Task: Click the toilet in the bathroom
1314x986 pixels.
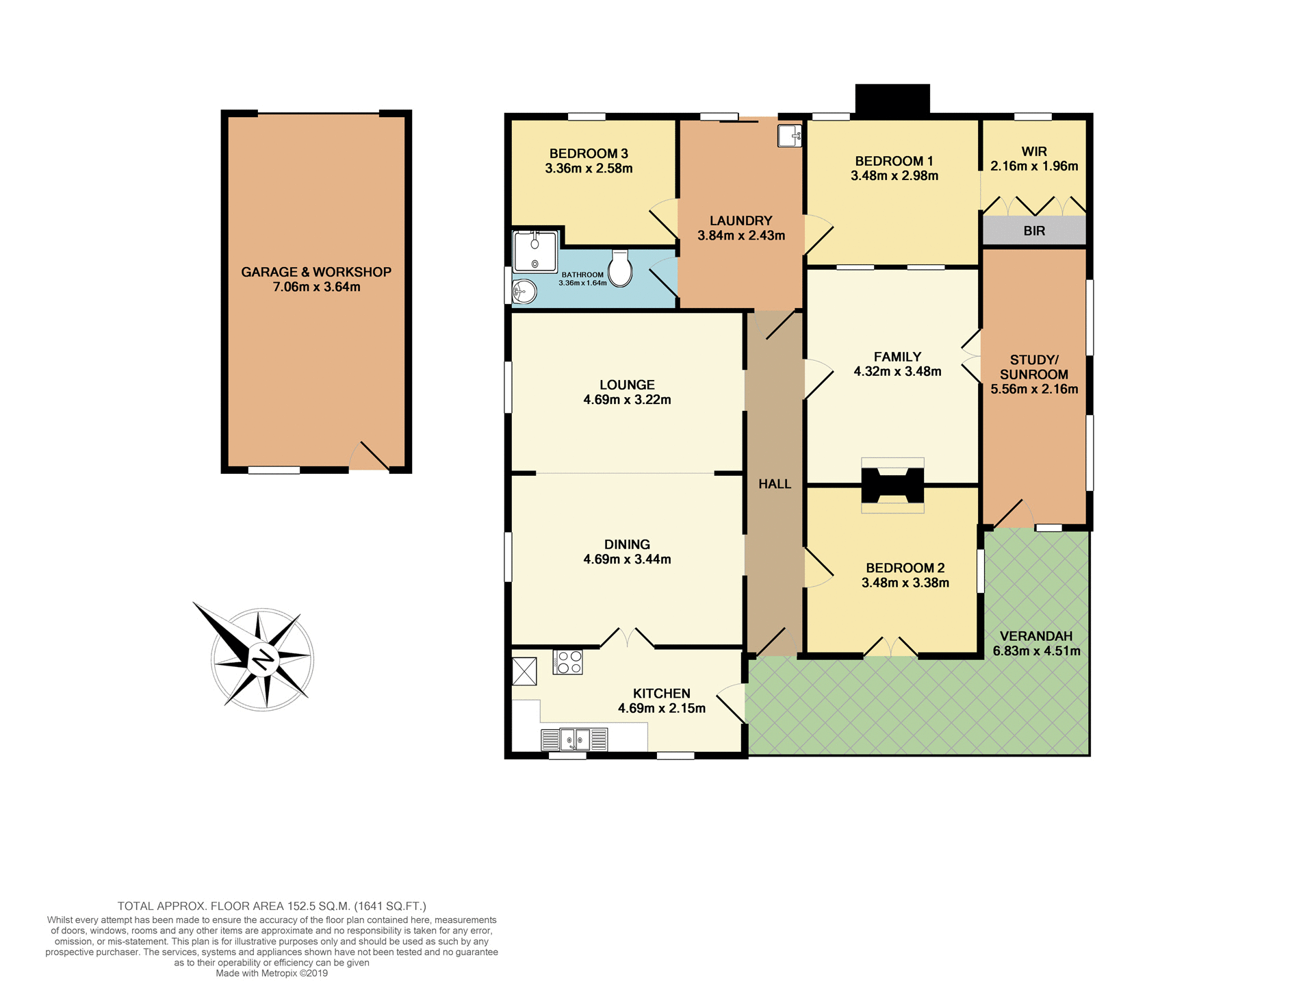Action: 621,268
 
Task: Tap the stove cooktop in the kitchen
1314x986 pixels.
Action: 568,662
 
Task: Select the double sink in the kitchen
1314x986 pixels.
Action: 575,739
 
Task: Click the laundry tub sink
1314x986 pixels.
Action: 790,135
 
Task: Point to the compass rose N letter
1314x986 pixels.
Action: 262,659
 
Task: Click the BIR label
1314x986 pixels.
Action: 1034,231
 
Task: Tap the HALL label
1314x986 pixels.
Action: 774,484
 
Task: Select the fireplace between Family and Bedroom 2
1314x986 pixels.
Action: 892,485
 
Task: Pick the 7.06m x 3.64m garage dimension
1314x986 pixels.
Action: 316,287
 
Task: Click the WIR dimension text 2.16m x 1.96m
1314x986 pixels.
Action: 1034,166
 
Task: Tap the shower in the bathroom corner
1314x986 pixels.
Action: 535,251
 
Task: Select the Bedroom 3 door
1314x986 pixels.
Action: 663,218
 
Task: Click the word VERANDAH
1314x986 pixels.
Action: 1036,636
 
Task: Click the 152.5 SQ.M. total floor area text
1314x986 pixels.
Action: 318,906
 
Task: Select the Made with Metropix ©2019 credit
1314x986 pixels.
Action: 272,973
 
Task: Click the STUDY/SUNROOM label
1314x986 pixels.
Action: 1034,367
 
